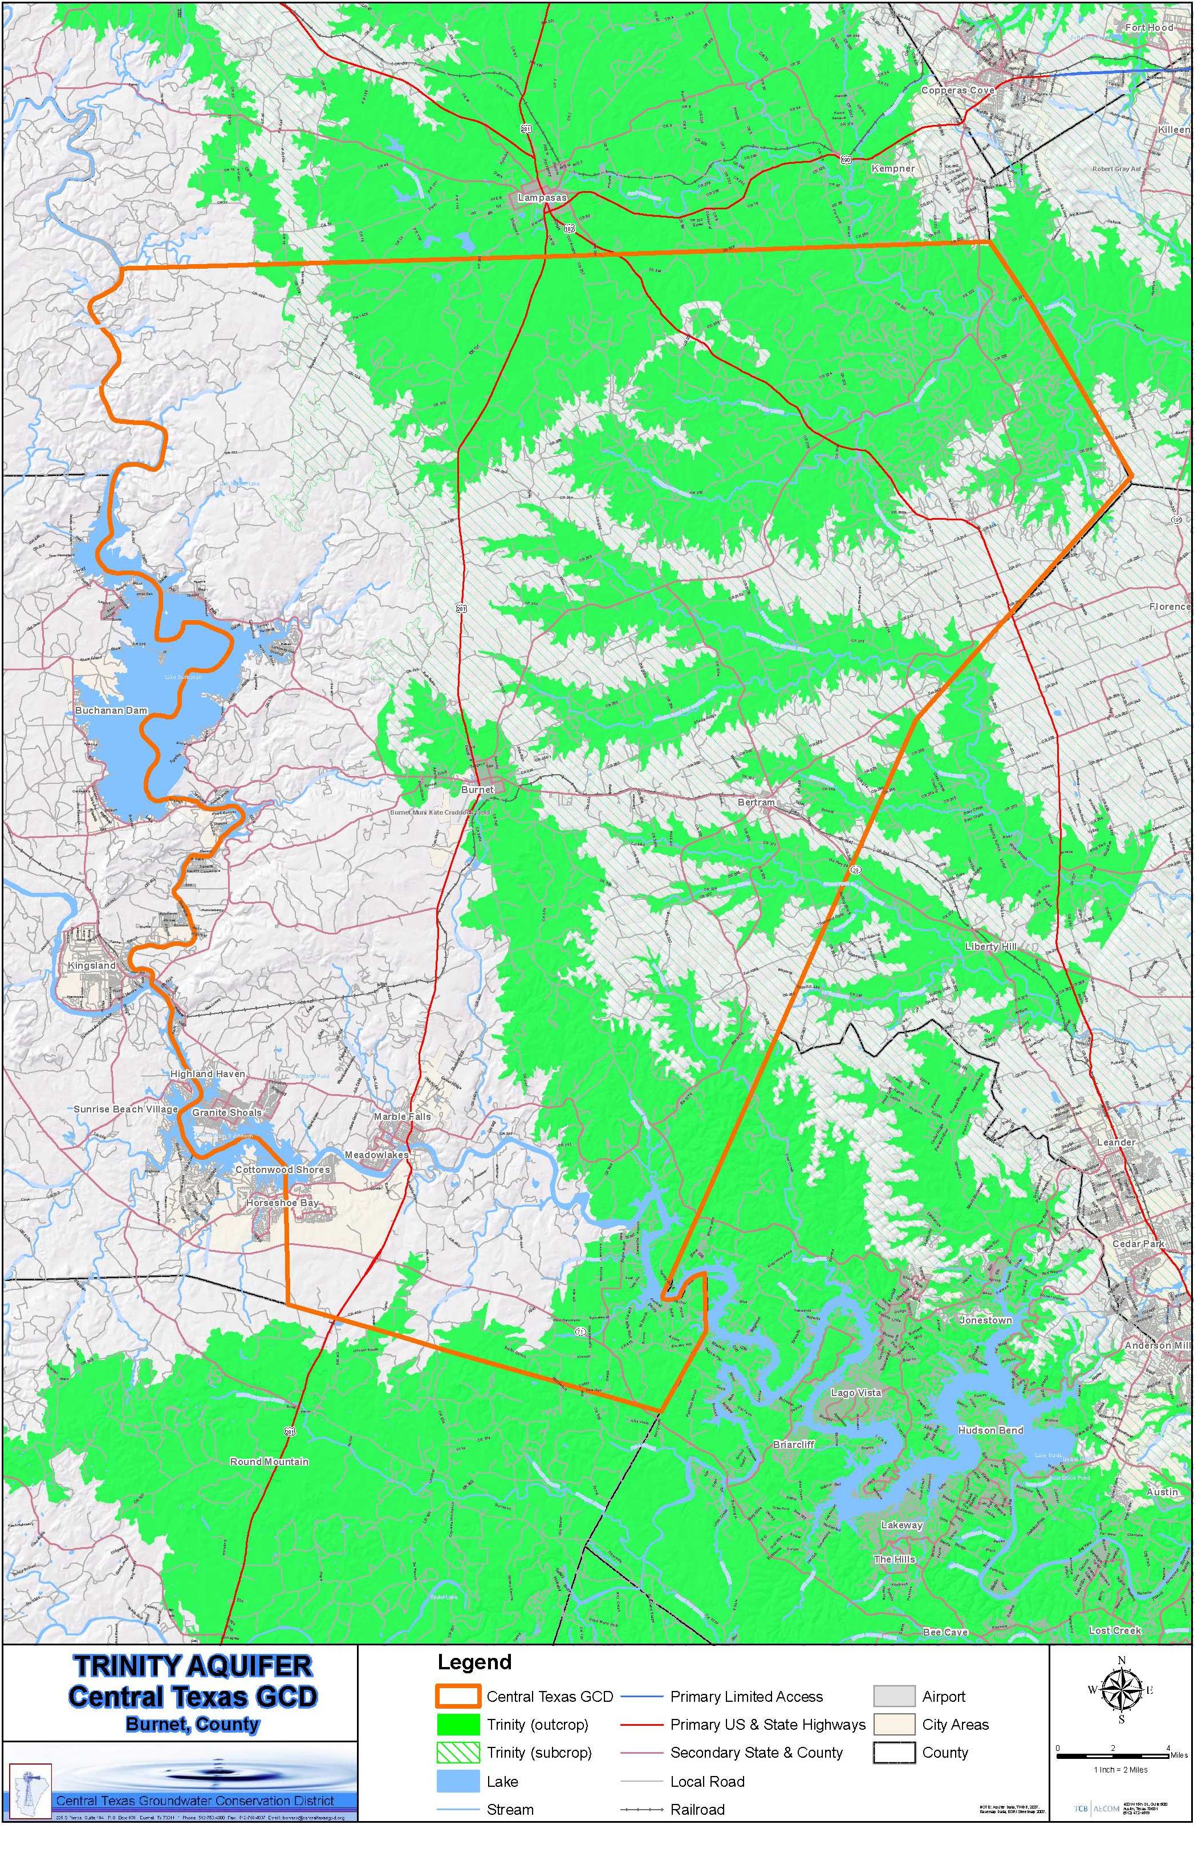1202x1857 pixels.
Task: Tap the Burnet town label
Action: click(477, 789)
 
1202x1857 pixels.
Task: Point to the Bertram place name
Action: click(756, 802)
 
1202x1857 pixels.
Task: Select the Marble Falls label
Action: click(401, 1116)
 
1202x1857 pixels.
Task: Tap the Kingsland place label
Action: click(92, 965)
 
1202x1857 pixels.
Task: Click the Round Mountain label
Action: click(269, 1462)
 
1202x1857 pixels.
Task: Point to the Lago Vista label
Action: click(856, 1393)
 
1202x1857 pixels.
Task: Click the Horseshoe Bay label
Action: click(282, 1203)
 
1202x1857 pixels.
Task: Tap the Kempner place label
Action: click(892, 168)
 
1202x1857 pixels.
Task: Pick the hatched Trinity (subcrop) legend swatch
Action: click(457, 1753)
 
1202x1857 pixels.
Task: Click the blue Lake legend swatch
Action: click(457, 1781)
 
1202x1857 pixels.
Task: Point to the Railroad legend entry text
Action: click(697, 1810)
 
